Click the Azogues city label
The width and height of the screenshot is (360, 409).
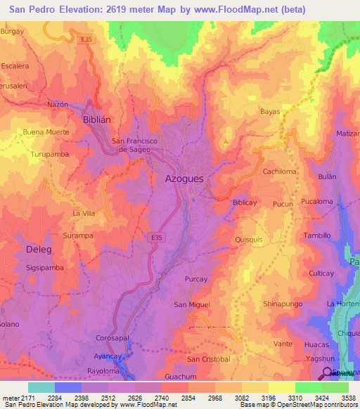(184, 179)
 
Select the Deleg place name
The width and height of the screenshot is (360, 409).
(39, 249)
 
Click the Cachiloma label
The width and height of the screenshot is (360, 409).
(279, 171)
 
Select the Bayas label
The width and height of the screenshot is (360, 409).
(270, 112)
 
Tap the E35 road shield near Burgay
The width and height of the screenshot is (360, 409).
(86, 40)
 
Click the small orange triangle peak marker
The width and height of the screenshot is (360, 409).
(226, 141)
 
